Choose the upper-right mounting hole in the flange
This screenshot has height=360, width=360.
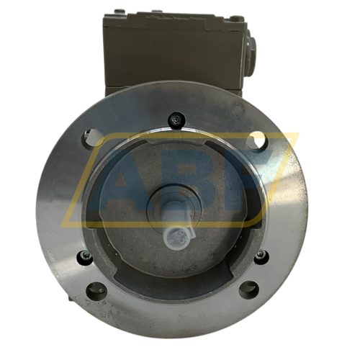coord(257,139)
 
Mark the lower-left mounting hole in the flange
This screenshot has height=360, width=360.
coord(96,289)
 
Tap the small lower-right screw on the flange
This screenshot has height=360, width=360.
coord(259,256)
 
